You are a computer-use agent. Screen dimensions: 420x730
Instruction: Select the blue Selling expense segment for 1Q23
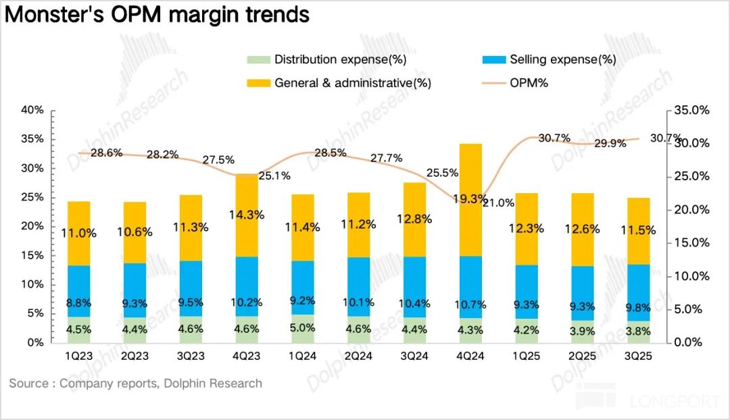tap(79, 290)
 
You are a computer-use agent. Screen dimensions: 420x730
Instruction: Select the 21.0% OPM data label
tap(498, 202)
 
